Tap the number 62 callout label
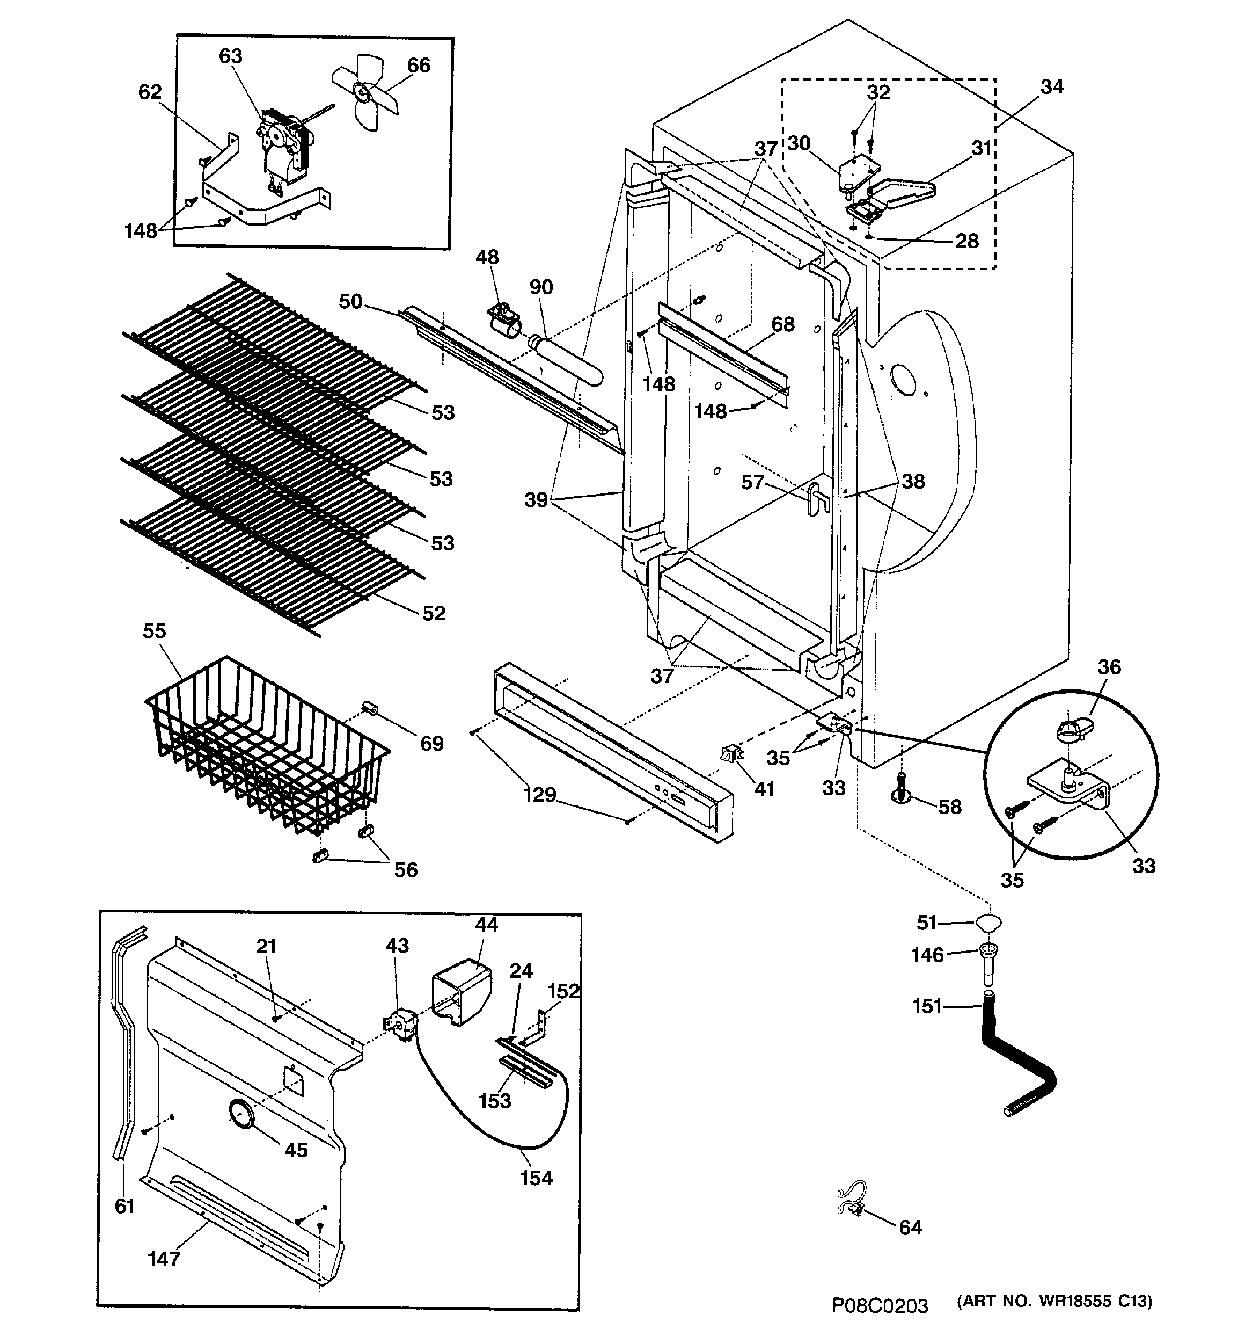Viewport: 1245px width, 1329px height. pos(150,92)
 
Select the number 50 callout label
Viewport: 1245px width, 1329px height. pos(350,301)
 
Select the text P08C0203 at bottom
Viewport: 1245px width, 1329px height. pos(880,1305)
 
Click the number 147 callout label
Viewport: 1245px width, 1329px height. pos(164,1259)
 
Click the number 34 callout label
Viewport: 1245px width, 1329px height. pos(1051,87)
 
